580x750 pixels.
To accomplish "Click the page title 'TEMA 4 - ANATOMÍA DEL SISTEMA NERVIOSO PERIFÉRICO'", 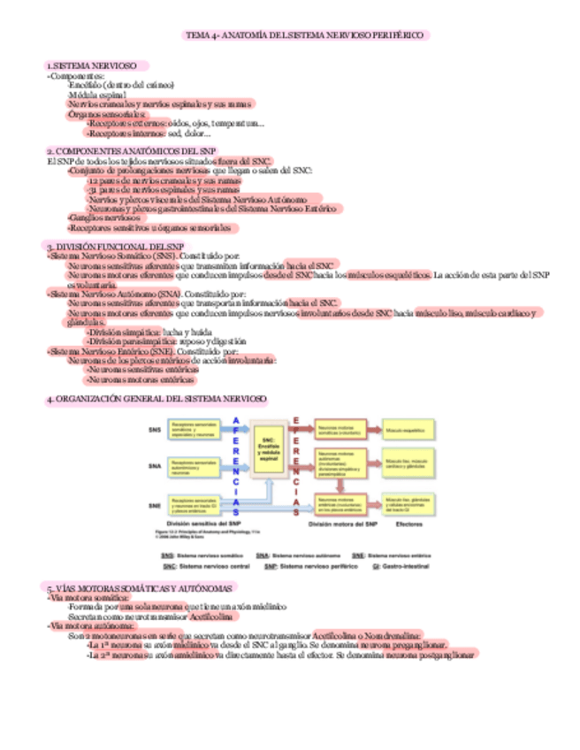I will [x=306, y=35].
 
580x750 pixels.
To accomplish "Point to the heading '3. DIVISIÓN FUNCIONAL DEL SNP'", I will [x=116, y=246].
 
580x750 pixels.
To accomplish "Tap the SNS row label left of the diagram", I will [x=155, y=430].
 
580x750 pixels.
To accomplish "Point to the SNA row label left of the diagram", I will [x=155, y=465].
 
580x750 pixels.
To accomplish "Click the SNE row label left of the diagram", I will [x=155, y=506].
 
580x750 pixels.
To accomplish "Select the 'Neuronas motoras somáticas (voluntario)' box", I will [x=340, y=429].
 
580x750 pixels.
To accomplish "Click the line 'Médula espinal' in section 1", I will [x=97, y=94].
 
